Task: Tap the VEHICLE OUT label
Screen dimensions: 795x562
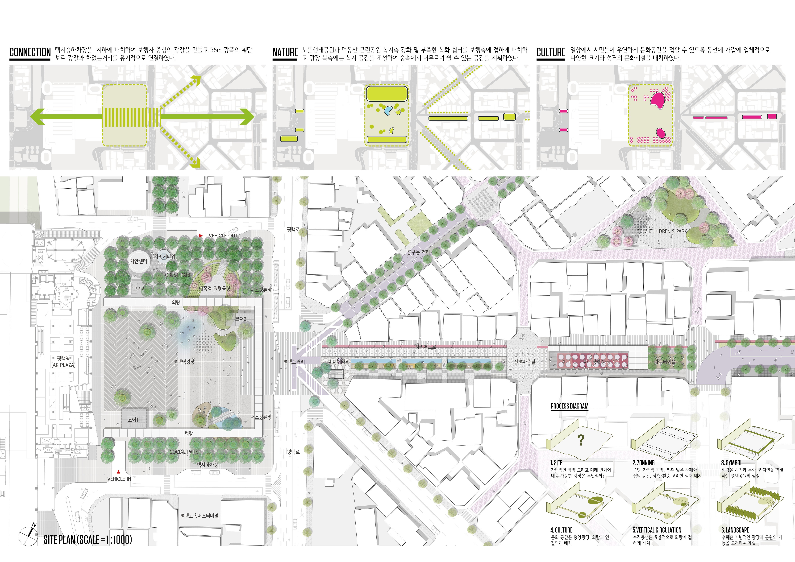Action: (223, 236)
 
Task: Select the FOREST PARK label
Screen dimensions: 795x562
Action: (177, 275)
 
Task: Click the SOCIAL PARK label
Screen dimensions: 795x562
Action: (184, 452)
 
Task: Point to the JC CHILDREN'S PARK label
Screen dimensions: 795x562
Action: (665, 231)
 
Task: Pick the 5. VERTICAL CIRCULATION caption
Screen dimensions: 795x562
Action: (657, 530)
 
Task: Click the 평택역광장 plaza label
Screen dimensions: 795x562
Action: (184, 362)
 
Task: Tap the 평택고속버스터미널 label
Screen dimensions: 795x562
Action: (199, 516)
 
